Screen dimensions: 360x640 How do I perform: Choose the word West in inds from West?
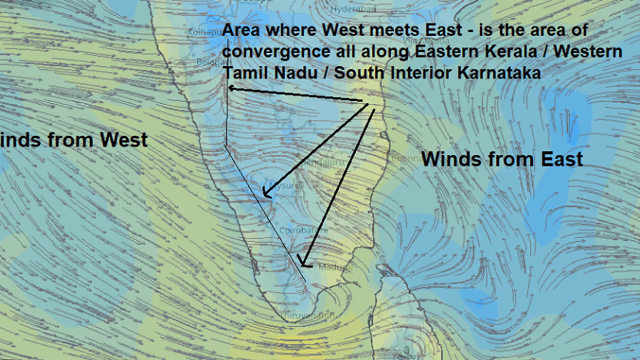click(x=123, y=140)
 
